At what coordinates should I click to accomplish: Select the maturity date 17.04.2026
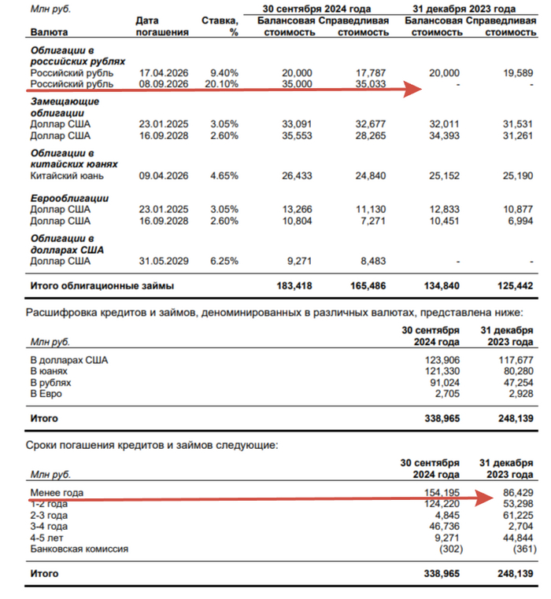[161, 72]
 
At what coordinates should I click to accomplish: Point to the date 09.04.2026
[161, 176]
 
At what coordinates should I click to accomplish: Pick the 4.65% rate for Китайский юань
[224, 176]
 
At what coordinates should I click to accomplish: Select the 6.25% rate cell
[224, 261]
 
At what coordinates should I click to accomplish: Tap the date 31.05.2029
[161, 261]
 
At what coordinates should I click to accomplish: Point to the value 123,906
[441, 360]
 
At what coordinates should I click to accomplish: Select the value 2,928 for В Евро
[519, 393]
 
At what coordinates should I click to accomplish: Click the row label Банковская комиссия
[79, 549]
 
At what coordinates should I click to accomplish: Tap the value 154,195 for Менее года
[441, 493]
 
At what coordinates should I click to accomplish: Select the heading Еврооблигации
[69, 198]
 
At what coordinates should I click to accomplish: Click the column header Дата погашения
[161, 27]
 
